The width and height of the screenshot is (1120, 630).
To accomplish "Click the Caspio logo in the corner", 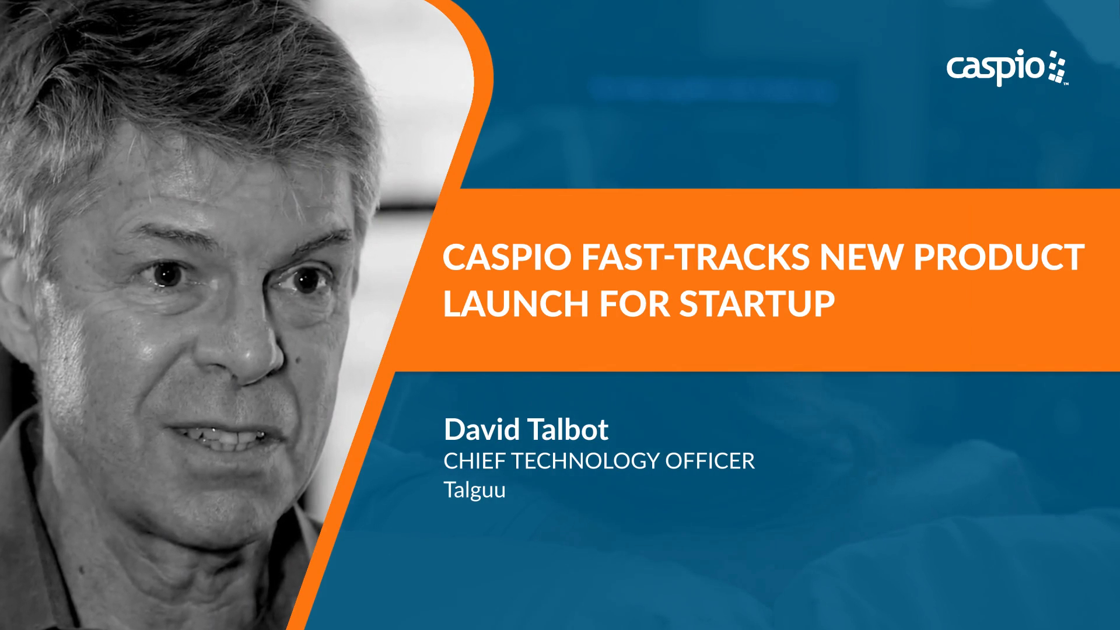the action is (x=1007, y=68).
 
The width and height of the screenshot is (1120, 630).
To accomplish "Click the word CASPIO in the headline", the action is (x=506, y=257).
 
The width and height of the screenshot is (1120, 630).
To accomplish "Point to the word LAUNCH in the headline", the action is (x=516, y=304).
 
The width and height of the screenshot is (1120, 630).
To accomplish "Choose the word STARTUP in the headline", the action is (x=757, y=304).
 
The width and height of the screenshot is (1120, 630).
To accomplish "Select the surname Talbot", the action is (x=568, y=430).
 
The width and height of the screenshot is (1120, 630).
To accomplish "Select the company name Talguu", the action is (x=474, y=490).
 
